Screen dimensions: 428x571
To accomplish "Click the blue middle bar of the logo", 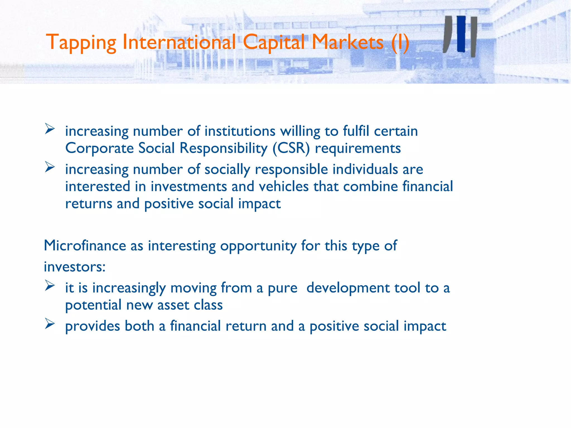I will coord(461,34).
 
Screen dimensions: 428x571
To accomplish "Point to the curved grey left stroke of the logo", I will coord(447,34).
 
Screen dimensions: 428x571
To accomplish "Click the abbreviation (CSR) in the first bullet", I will coord(291,148).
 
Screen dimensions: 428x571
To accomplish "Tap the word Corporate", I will coord(99,149).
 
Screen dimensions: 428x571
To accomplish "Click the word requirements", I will coord(358,149).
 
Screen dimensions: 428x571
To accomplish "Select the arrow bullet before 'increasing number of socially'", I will coord(50,167).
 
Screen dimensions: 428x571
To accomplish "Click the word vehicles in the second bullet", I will coord(284,186).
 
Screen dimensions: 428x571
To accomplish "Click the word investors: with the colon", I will coord(75,267).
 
